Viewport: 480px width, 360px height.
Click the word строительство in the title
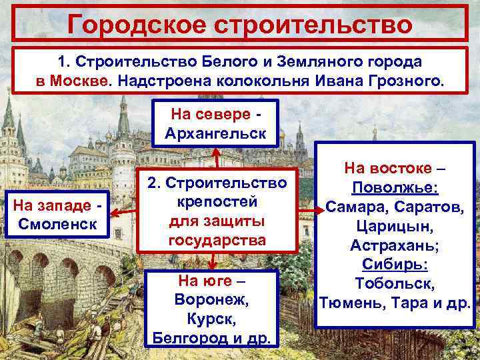pos(323,25)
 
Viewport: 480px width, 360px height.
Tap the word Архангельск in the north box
pos(215,133)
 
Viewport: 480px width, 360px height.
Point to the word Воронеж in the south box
pos(211,299)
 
